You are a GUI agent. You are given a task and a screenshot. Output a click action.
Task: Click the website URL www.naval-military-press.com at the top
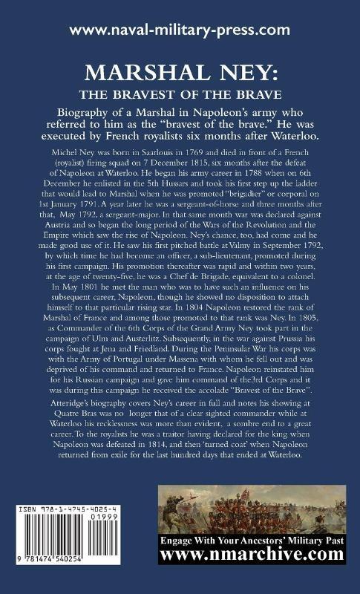180,30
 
